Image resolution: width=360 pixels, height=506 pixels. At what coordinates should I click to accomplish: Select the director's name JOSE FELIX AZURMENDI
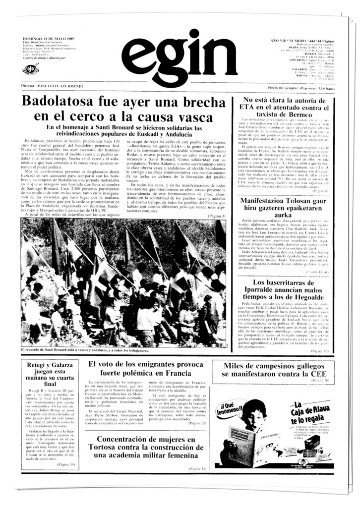(60, 86)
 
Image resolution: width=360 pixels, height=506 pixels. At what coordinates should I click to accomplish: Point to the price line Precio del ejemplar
(299, 88)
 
